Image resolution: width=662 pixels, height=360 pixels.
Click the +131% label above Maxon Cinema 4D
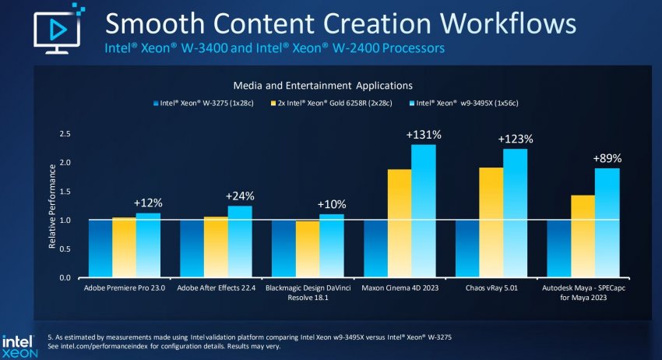point(424,135)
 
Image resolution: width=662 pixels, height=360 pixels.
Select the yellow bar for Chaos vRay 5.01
point(491,222)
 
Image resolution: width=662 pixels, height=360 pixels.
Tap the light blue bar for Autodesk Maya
point(607,223)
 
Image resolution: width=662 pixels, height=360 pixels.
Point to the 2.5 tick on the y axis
point(65,134)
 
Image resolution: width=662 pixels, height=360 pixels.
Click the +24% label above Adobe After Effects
point(240,196)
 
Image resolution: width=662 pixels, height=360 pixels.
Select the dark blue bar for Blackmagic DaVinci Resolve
point(283,249)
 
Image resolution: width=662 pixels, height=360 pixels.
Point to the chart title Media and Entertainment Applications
point(322,84)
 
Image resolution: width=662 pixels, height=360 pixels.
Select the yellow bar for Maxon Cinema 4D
point(400,223)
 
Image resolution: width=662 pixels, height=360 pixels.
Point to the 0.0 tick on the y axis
point(65,277)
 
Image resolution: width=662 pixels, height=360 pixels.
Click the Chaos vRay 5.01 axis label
point(491,288)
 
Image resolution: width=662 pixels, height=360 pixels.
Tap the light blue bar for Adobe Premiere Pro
point(147,245)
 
